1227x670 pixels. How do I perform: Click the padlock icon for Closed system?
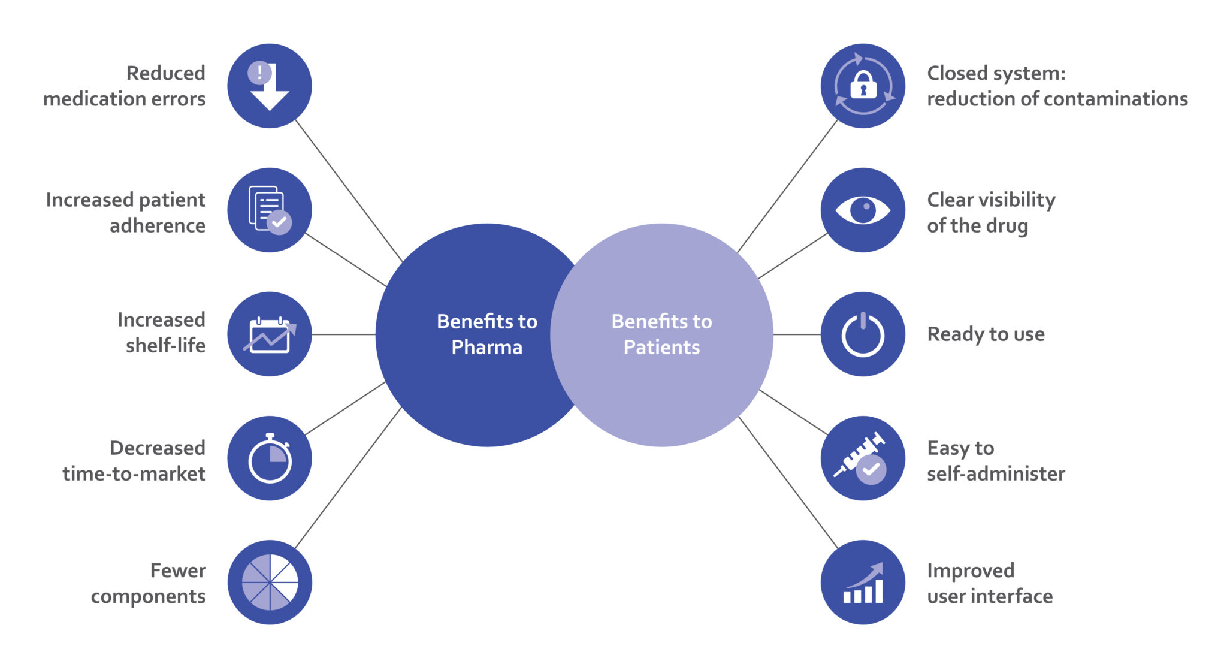tap(863, 86)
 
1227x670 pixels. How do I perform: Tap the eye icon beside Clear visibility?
tap(863, 210)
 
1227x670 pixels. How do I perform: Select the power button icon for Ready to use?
tap(863, 334)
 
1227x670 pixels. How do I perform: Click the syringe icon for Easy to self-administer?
tap(863, 458)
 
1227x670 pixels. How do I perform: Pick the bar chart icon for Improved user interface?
tap(863, 583)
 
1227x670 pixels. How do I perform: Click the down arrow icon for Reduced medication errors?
tap(270, 86)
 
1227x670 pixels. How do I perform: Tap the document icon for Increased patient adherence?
tap(270, 210)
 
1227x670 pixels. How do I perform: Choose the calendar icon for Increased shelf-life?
tap(270, 334)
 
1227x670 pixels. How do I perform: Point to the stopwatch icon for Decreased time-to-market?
tap(270, 458)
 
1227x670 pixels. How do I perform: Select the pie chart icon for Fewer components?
tap(270, 583)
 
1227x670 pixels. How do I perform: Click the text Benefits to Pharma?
tap(486, 334)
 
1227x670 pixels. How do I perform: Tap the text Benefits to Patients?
tap(661, 334)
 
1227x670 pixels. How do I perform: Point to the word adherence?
tap(158, 226)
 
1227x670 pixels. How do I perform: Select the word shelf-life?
tap(165, 346)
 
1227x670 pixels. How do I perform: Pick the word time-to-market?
tap(134, 474)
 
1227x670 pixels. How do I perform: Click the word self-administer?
tap(996, 474)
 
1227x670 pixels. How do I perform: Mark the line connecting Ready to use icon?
tap(797, 334)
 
